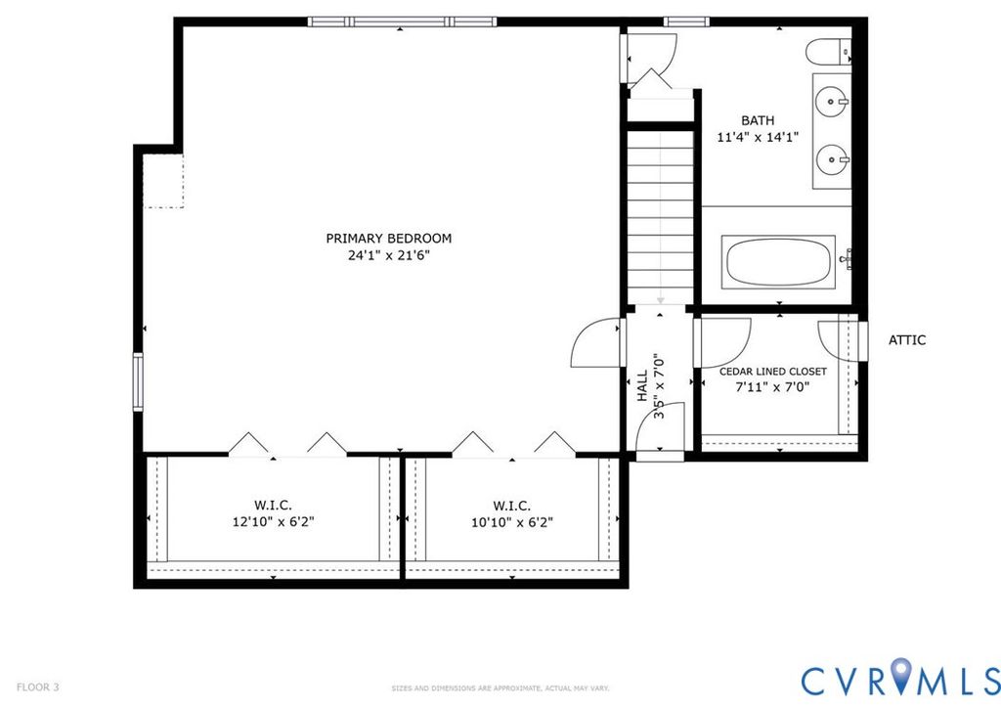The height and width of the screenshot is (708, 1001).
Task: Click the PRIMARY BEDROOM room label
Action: pos(388,239)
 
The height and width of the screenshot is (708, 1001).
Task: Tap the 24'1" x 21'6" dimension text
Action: pos(388,255)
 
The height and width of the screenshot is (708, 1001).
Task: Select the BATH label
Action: pos(758,120)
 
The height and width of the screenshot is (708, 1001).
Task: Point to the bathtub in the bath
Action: pos(778,262)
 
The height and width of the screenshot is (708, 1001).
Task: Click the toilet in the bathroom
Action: pos(828,53)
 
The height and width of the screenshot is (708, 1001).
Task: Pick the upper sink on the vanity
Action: pos(832,101)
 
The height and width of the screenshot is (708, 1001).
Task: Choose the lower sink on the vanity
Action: pos(832,155)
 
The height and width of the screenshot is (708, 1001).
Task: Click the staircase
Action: pos(660,217)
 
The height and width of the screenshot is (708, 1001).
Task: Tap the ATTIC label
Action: pos(907,339)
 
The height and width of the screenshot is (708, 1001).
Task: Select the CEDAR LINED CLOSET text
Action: pos(773,371)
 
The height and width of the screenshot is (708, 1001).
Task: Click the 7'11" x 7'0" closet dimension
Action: pos(773,386)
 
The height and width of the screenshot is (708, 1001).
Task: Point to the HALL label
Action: pos(642,385)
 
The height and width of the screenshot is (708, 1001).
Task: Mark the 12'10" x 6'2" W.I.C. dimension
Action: pos(274,521)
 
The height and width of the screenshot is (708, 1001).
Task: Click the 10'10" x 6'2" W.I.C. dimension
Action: pos(512,521)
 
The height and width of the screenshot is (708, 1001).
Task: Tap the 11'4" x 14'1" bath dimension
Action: pos(759,137)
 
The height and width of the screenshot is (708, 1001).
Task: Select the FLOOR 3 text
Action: pos(38,687)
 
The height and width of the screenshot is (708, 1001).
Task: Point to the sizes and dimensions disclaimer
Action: pos(500,688)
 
